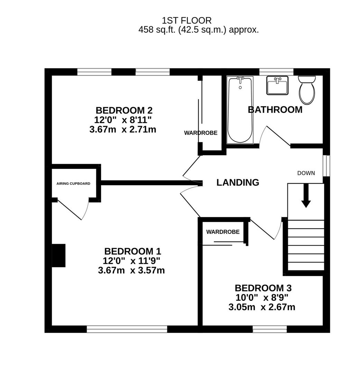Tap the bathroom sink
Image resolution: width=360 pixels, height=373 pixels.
pos(277,85)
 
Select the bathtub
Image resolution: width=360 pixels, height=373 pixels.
pos(240,110)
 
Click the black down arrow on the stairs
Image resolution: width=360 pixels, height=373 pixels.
pos(306,195)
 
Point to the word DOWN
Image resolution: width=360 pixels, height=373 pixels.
pos(306,173)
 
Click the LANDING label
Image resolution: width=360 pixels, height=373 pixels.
pos(238,182)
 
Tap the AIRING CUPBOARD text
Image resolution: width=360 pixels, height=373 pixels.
pos(73,184)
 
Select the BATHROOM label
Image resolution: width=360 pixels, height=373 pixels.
pos(275,110)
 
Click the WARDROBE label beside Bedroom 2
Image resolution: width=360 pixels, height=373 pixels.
pos(201,133)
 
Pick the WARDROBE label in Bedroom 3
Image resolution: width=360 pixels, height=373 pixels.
pos(223,232)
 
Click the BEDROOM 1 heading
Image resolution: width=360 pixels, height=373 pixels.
pos(133,251)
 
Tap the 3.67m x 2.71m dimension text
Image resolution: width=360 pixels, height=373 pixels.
pos(123,130)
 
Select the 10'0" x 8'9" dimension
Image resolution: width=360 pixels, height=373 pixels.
pos(262,298)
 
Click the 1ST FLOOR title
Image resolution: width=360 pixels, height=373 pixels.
pos(187,21)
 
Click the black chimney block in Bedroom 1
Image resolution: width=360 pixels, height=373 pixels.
pos(58,256)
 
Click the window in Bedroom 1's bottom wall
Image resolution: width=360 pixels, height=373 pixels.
pos(127,329)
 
